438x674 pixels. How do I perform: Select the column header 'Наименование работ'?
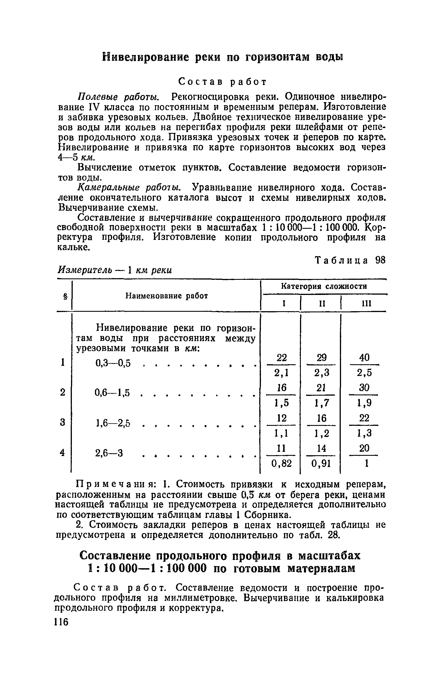(x=167, y=296)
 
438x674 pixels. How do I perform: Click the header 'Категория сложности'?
(x=324, y=286)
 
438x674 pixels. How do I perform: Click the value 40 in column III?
(x=364, y=357)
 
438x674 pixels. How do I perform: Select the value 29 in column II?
(x=321, y=357)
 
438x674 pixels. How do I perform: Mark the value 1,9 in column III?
(x=364, y=403)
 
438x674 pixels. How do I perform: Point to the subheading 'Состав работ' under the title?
(x=222, y=82)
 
